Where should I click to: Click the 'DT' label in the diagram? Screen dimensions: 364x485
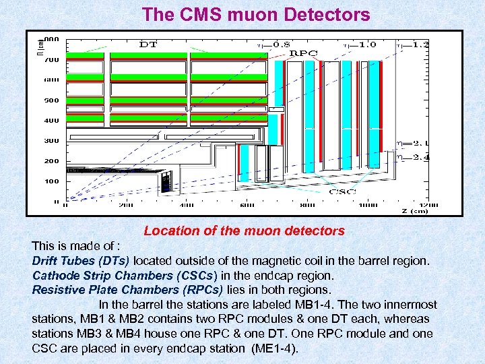point(148,44)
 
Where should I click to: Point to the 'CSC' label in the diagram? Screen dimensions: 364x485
point(342,191)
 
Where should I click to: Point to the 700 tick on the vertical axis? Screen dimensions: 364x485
point(52,59)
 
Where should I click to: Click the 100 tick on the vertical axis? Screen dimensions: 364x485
point(52,181)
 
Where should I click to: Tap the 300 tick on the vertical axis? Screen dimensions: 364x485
point(52,140)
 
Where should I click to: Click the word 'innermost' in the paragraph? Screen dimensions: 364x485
point(409,305)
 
